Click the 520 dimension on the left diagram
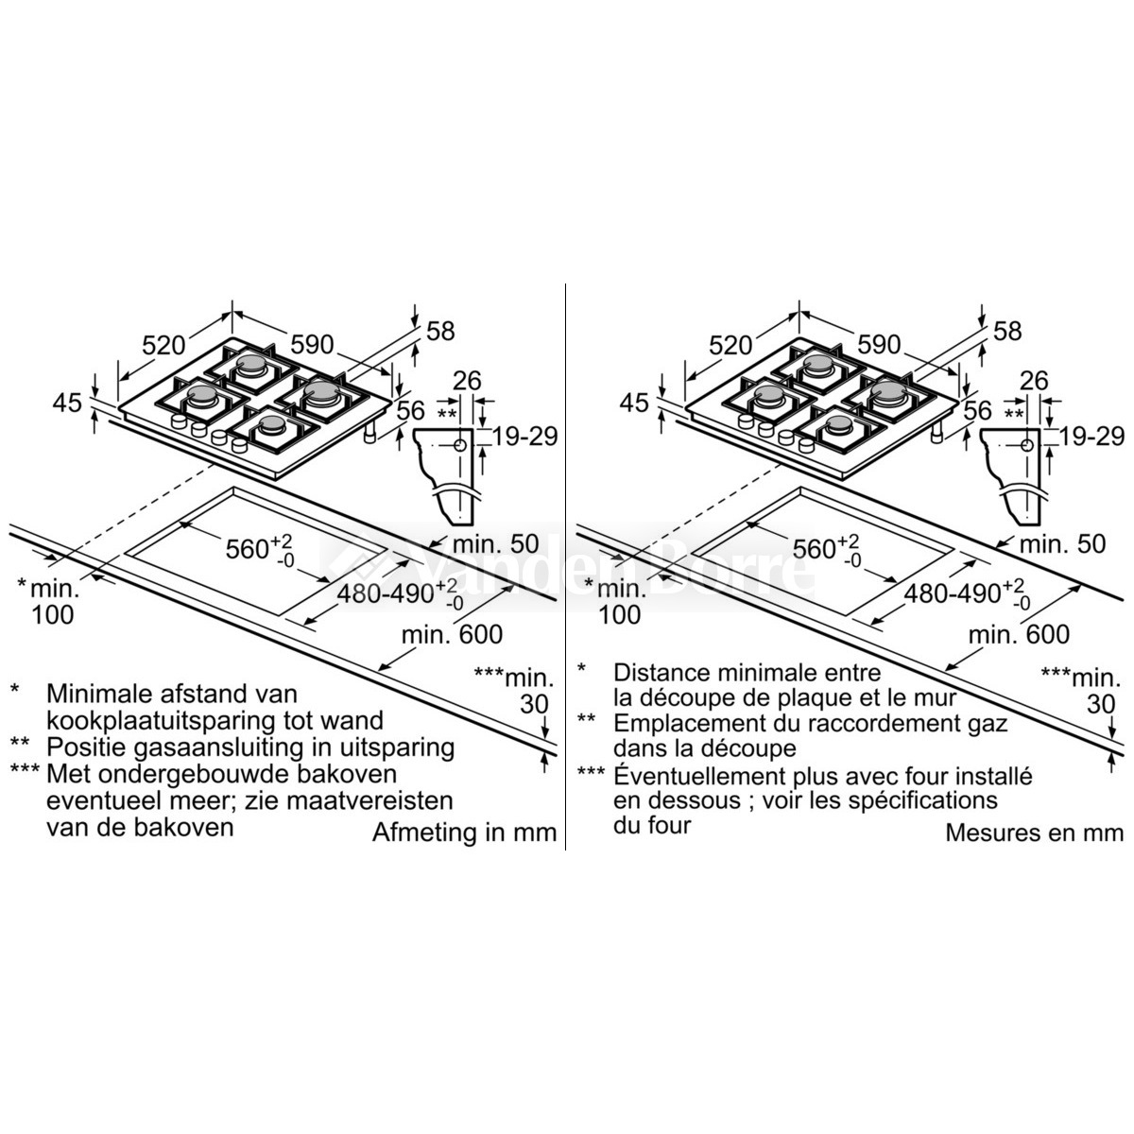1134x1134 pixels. [x=163, y=345]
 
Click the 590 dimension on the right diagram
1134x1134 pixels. [x=879, y=344]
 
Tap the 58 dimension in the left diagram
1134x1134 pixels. [x=440, y=332]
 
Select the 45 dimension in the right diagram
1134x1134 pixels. [x=634, y=404]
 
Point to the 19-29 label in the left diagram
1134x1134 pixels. [x=524, y=437]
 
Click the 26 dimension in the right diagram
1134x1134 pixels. [x=1034, y=381]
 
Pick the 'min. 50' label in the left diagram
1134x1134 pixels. [x=495, y=543]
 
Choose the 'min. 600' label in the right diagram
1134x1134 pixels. [x=1019, y=634]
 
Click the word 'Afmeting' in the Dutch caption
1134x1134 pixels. [x=418, y=833]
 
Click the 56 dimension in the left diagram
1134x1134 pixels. [x=410, y=411]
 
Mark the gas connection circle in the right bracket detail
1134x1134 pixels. [x=1027, y=445]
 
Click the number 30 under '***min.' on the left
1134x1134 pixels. [x=534, y=704]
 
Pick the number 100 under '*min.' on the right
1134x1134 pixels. [x=619, y=614]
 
